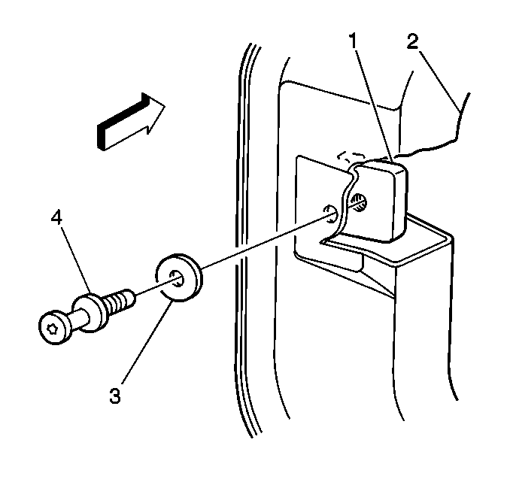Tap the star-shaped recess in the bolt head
click(52, 326)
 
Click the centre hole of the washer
click(178, 279)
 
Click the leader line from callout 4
click(74, 260)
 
